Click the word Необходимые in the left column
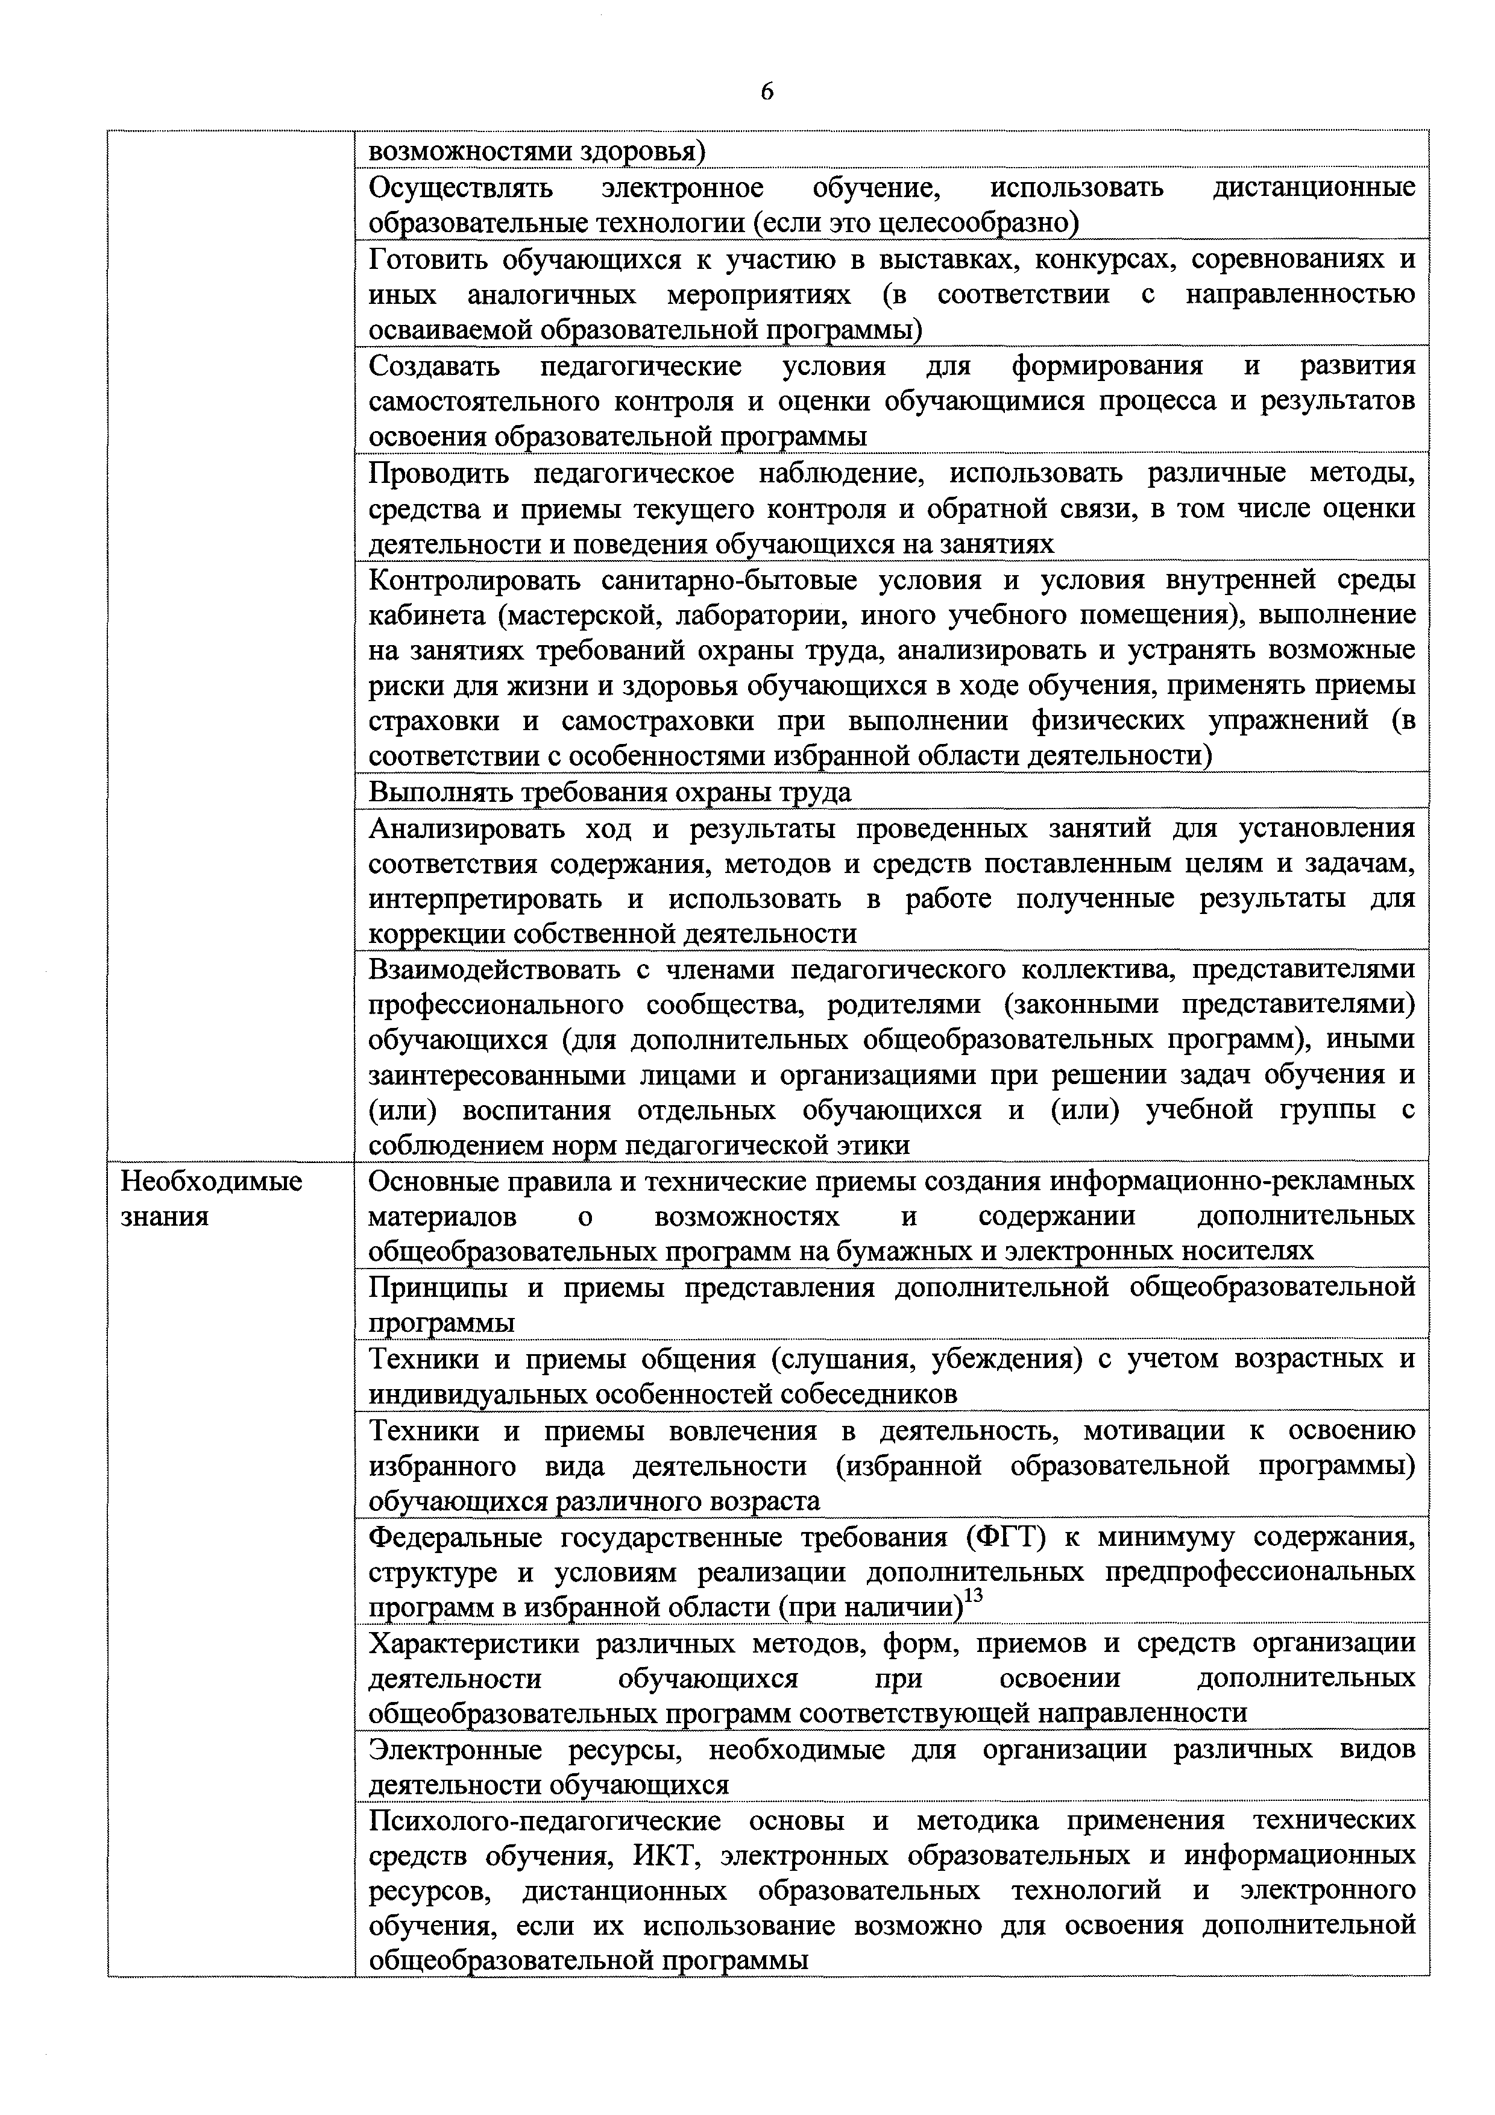[212, 1181]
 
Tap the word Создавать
[435, 367]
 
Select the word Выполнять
[443, 792]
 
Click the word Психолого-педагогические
[544, 1820]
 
